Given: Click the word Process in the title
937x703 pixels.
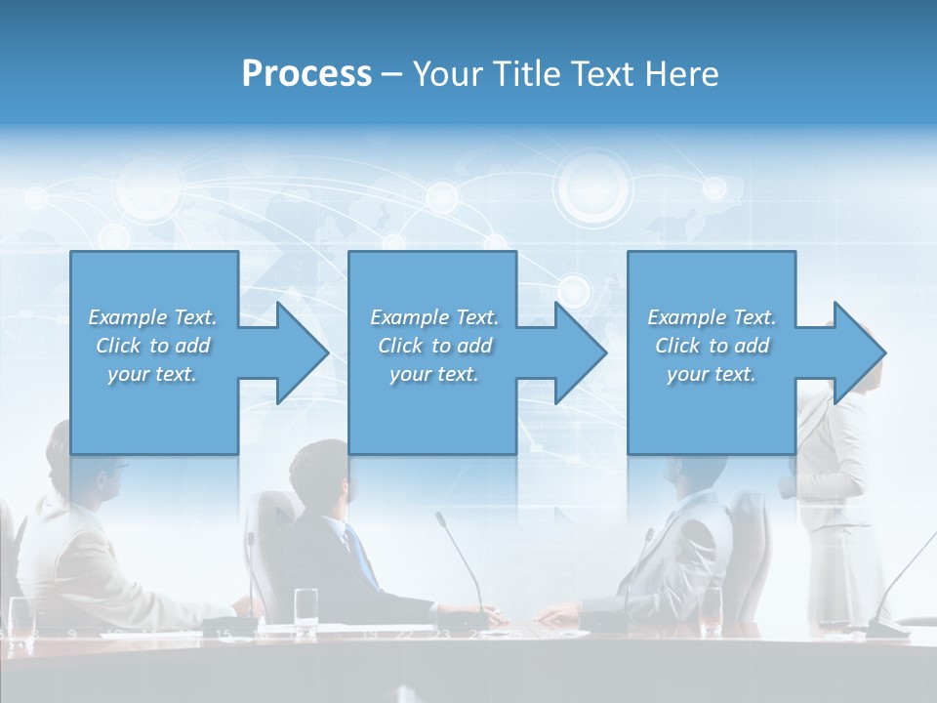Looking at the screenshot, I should pos(306,74).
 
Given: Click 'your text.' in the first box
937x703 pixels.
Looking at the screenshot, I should pos(152,374).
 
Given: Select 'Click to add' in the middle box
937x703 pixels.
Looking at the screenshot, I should pos(434,346).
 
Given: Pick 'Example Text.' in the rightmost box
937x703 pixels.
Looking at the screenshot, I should pos(712,317).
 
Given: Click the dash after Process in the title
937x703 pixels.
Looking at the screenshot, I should pos(392,74).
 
